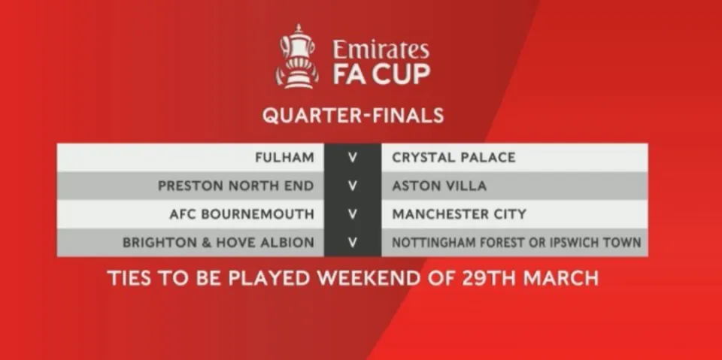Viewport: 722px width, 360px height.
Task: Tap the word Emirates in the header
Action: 381,50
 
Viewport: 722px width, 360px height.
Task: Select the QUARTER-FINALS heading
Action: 353,115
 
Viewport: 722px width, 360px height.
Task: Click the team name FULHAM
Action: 284,157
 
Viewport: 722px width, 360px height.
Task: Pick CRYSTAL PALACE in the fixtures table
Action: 454,157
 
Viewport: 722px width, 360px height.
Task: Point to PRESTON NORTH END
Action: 236,186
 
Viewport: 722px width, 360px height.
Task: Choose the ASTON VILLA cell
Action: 439,186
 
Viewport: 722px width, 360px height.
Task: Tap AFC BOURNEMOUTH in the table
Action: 241,214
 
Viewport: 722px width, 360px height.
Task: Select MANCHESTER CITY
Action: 459,214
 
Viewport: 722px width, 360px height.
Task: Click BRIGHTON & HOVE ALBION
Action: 219,243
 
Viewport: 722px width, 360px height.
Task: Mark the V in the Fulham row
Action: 353,157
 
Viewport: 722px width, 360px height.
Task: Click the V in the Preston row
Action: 353,186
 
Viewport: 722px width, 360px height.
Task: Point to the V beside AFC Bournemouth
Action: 353,214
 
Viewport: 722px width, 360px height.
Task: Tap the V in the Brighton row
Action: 353,243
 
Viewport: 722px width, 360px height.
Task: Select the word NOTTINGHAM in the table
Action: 427,243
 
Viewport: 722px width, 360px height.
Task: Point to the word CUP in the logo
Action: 401,74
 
